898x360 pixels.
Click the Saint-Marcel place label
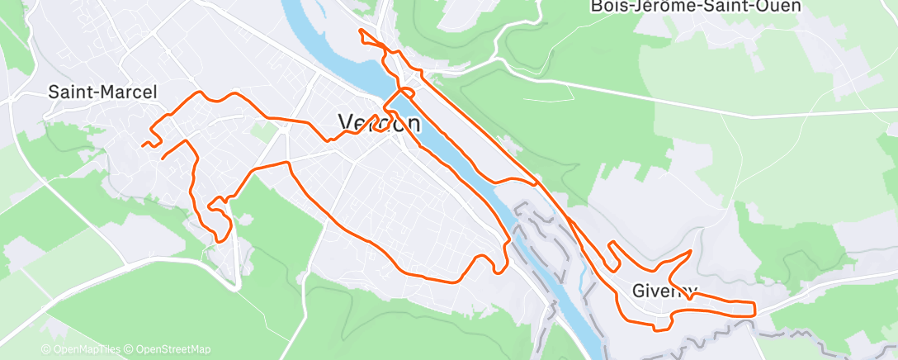point(102,92)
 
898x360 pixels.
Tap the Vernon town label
point(379,123)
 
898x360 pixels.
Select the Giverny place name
point(664,291)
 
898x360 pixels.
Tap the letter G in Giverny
point(640,291)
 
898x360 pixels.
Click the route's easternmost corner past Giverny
point(754,309)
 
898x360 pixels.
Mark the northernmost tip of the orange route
point(360,31)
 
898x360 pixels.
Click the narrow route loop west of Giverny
point(614,255)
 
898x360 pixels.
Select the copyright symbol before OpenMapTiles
point(45,349)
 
